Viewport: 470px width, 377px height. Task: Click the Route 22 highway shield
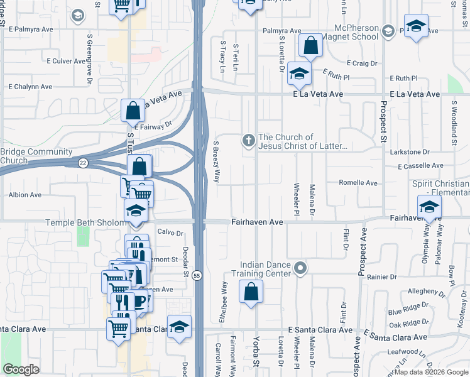tap(83, 163)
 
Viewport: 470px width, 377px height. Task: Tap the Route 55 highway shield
tap(197, 276)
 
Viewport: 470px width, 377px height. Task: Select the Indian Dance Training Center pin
tap(300, 268)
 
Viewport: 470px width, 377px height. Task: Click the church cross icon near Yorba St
tap(249, 141)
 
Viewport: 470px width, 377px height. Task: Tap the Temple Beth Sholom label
tap(84, 222)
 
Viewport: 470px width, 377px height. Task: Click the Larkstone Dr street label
tap(408, 152)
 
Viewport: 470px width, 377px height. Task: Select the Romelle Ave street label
tap(358, 183)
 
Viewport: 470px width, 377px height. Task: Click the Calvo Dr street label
tap(170, 233)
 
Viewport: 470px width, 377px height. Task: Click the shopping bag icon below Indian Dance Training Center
tap(251, 292)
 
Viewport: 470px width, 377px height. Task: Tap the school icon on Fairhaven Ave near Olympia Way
tap(429, 206)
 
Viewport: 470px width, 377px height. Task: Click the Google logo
tap(21, 369)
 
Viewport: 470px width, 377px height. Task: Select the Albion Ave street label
tap(25, 195)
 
